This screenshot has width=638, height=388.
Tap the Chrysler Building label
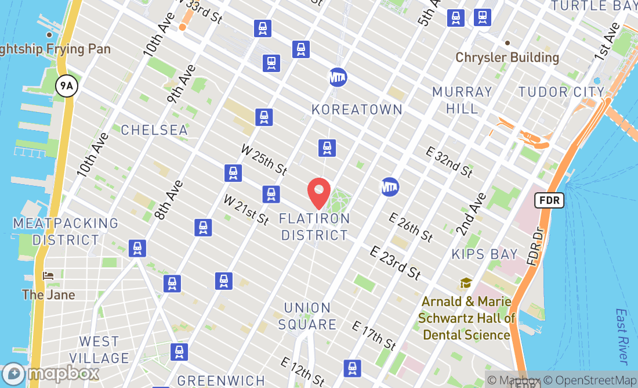coord(507,58)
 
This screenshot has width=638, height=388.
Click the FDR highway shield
coord(548,200)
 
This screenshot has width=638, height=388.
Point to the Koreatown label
coord(357,109)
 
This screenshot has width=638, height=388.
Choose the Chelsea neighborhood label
coord(154,130)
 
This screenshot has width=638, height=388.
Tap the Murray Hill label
coord(462,100)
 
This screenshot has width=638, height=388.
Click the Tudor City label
coord(561,92)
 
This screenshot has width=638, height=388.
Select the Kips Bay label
coord(484,254)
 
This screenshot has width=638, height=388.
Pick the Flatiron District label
coord(314,227)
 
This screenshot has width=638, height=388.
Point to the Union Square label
coord(307,316)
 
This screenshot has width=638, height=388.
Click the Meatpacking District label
coord(66,231)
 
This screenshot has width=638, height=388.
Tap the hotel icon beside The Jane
coord(49,275)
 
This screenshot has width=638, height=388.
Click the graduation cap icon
coord(466,283)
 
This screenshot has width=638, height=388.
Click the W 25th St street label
coord(264,160)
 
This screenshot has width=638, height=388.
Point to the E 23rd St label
coord(396,262)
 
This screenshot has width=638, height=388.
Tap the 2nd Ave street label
coord(470,214)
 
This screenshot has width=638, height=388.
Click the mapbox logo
coord(50,373)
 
